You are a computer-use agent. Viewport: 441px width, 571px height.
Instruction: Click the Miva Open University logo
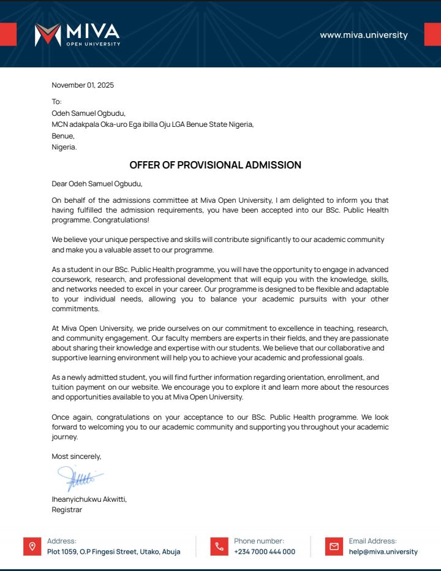pyautogui.click(x=77, y=35)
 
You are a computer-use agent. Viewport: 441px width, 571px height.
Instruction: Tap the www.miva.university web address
pyautogui.click(x=363, y=35)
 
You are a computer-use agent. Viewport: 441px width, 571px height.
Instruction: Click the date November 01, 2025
pyautogui.click(x=83, y=85)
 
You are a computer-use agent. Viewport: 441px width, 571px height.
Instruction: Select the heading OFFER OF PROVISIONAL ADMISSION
pyautogui.click(x=215, y=165)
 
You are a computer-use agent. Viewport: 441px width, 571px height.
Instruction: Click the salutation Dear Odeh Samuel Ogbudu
pyautogui.click(x=97, y=183)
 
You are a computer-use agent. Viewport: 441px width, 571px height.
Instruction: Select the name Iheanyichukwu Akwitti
pyautogui.click(x=89, y=499)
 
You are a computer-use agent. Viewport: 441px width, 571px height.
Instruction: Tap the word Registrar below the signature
pyautogui.click(x=67, y=510)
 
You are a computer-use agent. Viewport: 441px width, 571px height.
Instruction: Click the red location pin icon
pyautogui.click(x=32, y=546)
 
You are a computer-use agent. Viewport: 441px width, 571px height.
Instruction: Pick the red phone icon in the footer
pyautogui.click(x=219, y=546)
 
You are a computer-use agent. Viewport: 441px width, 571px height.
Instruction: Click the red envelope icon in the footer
pyautogui.click(x=334, y=546)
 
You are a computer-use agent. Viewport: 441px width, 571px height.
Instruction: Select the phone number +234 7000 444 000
pyautogui.click(x=265, y=551)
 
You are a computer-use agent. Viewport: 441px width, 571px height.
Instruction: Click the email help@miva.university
pyautogui.click(x=383, y=551)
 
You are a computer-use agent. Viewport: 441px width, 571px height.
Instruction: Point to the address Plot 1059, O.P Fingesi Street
pyautogui.click(x=113, y=551)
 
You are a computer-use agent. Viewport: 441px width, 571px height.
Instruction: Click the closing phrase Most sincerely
pyautogui.click(x=77, y=456)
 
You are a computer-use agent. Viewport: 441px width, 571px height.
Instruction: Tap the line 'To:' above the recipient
pyautogui.click(x=57, y=102)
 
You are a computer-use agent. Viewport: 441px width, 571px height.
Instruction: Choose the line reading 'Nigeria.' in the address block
pyautogui.click(x=64, y=147)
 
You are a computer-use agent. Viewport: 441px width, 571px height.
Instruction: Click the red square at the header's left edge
pyautogui.click(x=8, y=34)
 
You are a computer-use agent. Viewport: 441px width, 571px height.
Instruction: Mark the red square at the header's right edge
pyautogui.click(x=432, y=34)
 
